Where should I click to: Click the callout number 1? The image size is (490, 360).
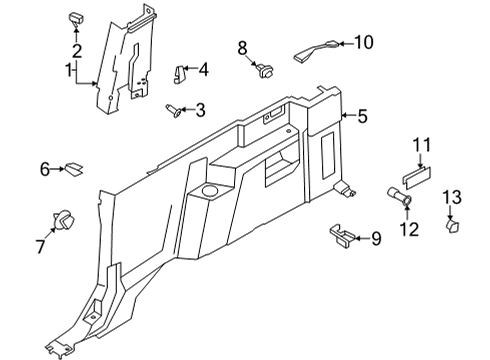(x=69, y=72)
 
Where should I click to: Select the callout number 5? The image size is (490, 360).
(x=363, y=117)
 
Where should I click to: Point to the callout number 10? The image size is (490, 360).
(x=362, y=43)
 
